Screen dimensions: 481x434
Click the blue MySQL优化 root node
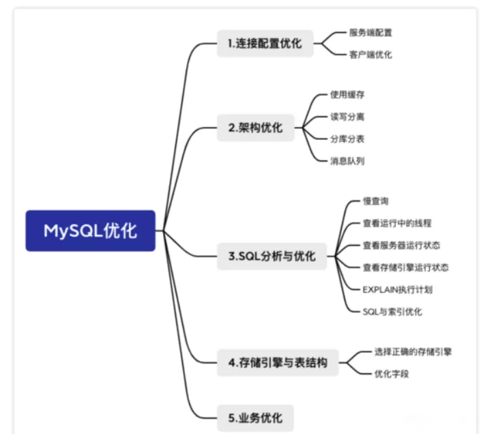[91, 231]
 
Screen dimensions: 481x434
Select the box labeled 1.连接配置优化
[265, 43]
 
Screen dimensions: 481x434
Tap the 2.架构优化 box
[256, 128]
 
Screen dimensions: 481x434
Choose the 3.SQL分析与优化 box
[272, 256]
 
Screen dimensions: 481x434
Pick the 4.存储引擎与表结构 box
[278, 362]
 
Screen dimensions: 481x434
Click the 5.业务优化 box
[255, 418]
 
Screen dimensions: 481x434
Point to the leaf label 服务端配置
[370, 33]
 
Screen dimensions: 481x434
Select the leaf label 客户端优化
[370, 55]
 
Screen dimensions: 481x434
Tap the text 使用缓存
[347, 94]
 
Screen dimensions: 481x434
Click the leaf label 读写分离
[347, 117]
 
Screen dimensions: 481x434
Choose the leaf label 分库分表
[347, 139]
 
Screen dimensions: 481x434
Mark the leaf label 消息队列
[347, 161]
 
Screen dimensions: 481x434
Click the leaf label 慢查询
[376, 201]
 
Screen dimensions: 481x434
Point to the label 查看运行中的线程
[397, 223]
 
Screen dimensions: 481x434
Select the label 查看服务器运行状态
[402, 246]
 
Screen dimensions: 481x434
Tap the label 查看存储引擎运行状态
[406, 267]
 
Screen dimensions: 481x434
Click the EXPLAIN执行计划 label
[398, 289]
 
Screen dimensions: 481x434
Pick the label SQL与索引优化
[392, 312]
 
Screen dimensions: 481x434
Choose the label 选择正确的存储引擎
[413, 351]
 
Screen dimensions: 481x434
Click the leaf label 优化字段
[392, 374]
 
